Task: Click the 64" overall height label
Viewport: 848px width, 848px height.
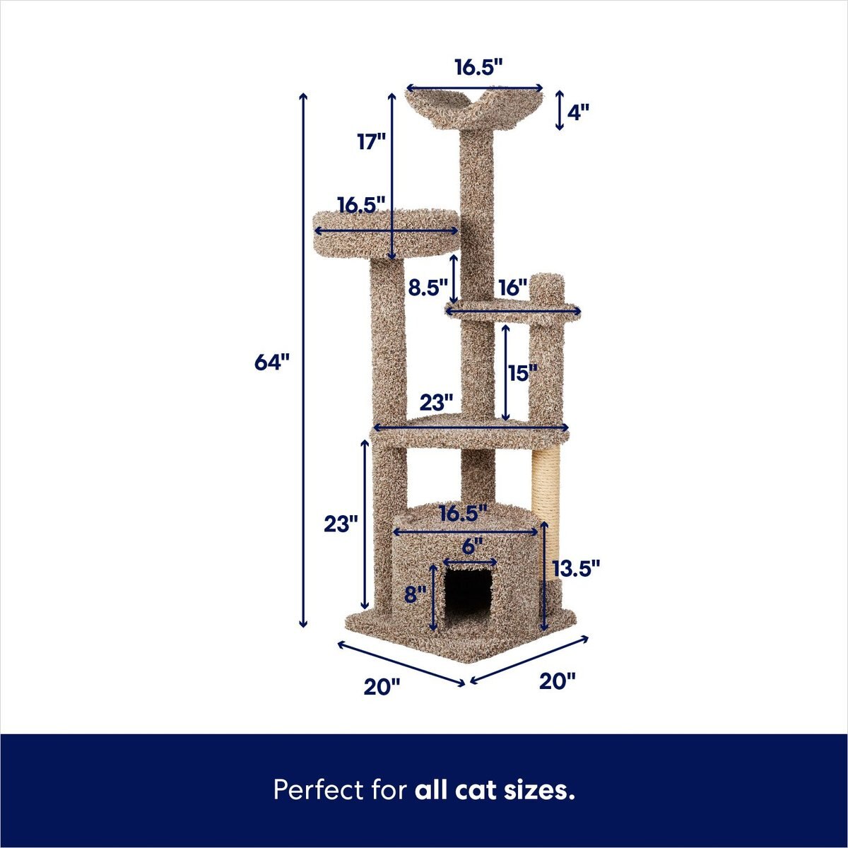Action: point(272,363)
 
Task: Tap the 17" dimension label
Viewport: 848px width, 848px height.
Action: point(371,142)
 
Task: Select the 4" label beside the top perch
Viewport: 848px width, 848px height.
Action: point(578,112)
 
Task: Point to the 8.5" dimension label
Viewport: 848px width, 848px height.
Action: point(428,288)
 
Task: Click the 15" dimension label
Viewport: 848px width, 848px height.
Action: point(522,373)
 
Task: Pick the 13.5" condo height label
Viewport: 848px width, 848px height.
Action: point(576,567)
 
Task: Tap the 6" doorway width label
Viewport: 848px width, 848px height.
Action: point(472,546)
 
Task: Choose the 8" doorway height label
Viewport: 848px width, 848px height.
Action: point(416,594)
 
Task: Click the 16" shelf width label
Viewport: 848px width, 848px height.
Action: point(512,288)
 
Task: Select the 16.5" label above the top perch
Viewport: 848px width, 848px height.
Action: point(478,68)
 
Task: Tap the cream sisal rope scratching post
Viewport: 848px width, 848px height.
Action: point(546,495)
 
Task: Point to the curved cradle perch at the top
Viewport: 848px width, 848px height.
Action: point(475,106)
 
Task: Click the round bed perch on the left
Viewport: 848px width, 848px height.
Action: point(385,233)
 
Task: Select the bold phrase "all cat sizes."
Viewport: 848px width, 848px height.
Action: point(495,789)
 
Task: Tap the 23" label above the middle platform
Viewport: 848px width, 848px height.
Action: point(436,403)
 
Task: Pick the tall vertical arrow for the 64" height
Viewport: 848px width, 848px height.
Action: point(304,360)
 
